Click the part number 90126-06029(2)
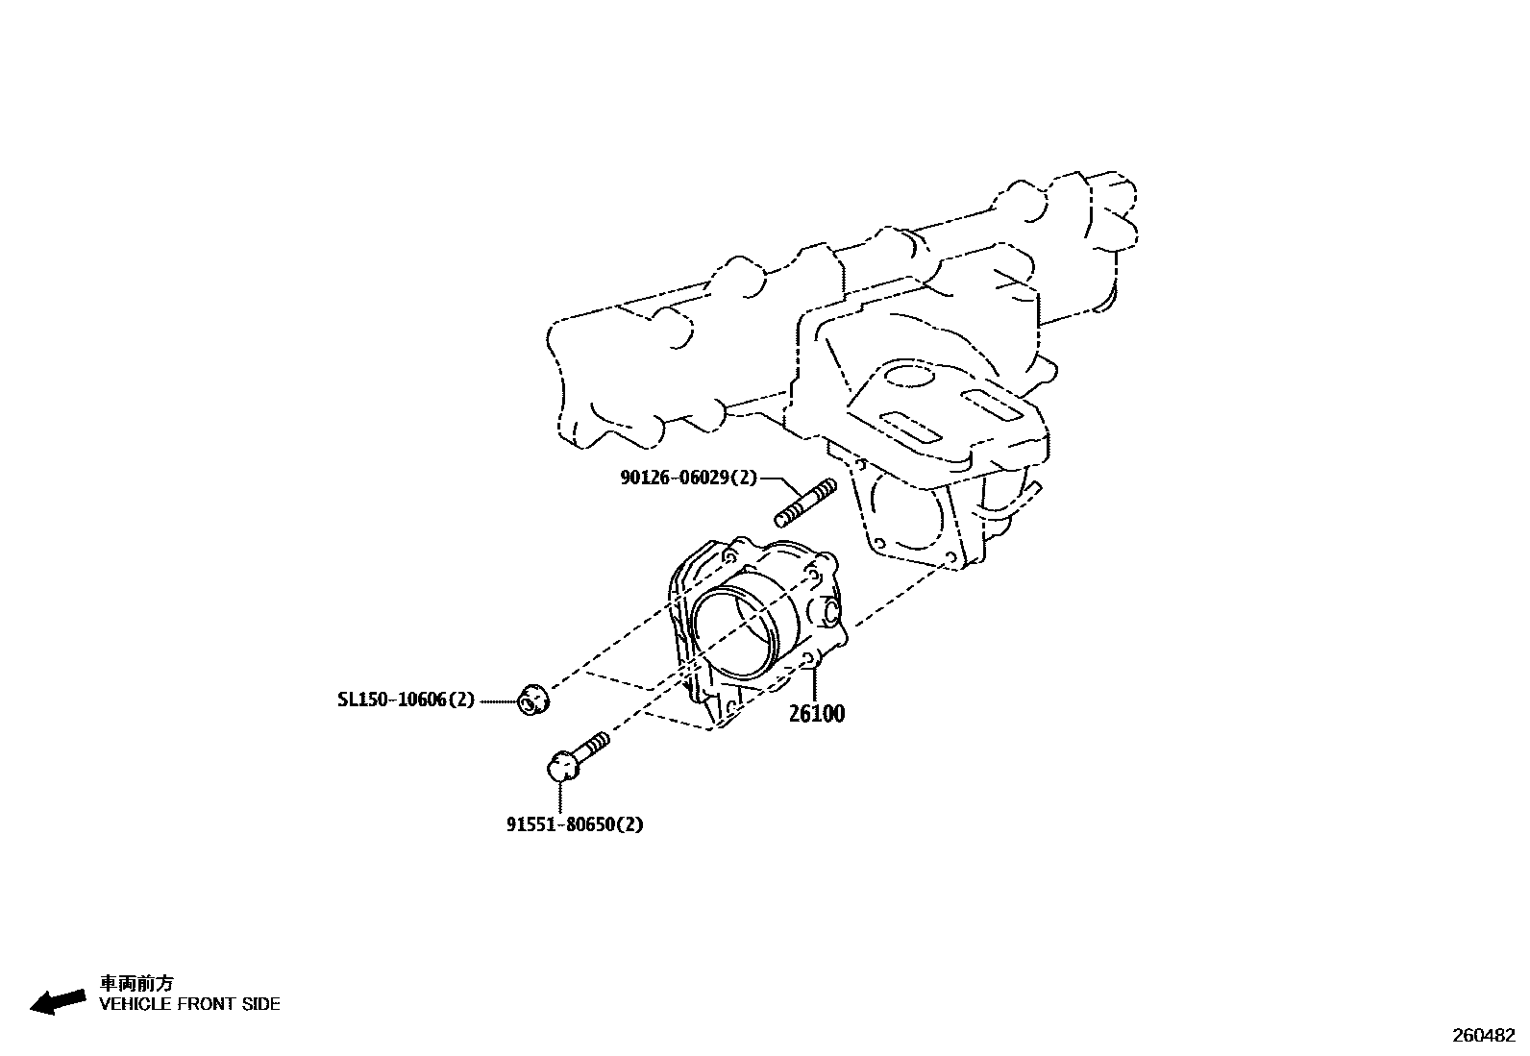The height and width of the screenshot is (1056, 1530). click(688, 478)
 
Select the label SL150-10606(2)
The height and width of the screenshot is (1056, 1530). click(406, 700)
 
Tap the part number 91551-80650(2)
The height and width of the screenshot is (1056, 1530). click(575, 824)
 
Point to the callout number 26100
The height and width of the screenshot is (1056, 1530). click(817, 714)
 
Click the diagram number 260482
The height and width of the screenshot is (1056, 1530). click(1483, 1036)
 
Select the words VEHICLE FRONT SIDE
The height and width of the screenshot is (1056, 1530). click(189, 1004)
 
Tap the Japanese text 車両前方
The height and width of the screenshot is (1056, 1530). click(137, 983)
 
